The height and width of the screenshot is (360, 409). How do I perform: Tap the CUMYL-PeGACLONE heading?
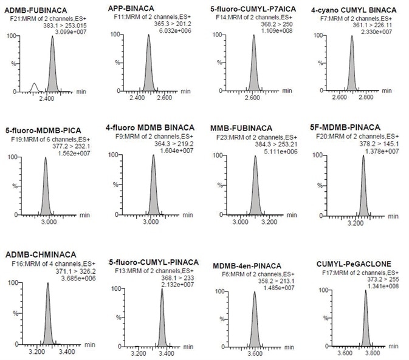(x=354, y=264)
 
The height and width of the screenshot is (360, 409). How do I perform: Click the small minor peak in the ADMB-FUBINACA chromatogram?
(x=35, y=86)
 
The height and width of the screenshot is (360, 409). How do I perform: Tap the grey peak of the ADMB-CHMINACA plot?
(x=47, y=316)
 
